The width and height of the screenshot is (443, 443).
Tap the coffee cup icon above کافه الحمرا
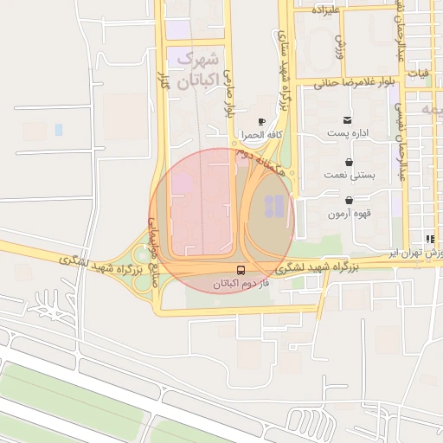261,122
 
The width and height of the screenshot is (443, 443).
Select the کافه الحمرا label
262,136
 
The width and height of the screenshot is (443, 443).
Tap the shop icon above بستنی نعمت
349,161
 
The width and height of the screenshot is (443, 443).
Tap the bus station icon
241,269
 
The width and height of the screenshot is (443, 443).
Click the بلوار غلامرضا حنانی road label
347,83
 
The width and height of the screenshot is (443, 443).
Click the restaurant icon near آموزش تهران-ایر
429,239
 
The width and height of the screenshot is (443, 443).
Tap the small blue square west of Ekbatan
59,130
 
